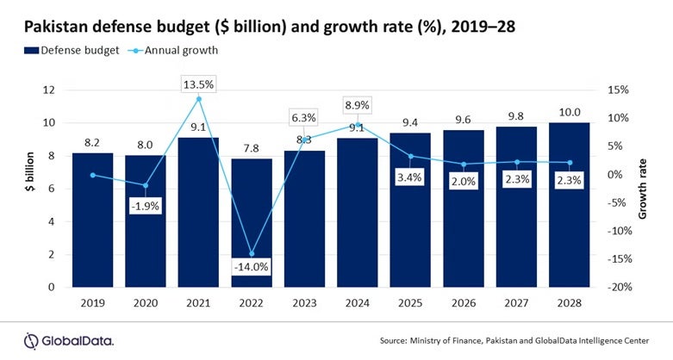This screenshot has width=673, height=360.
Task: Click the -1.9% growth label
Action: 146,207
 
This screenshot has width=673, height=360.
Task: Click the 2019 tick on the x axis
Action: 92,304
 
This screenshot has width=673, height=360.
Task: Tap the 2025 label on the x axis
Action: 411,304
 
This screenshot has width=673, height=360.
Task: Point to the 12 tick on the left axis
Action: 50,90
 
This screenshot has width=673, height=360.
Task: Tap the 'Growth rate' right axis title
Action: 642,188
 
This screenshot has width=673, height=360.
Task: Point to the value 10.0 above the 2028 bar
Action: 570,111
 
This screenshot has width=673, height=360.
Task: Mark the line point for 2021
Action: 199,99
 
